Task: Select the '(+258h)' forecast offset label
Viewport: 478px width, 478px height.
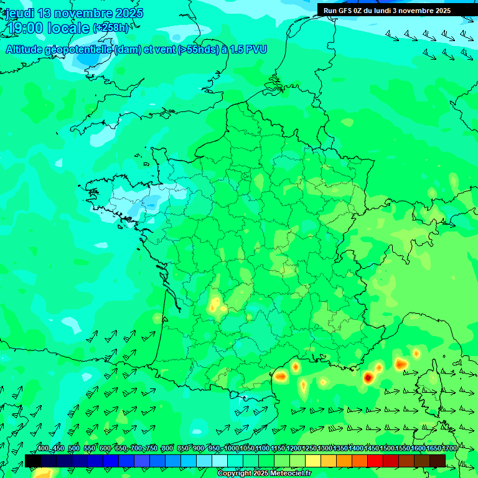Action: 111,28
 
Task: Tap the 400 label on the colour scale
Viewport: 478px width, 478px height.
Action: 43,449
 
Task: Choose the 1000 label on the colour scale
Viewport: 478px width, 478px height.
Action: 232,449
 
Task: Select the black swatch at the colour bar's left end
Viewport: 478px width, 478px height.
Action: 33,461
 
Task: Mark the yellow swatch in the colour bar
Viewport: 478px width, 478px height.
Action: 313,461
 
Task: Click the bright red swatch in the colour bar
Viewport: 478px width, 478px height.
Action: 375,461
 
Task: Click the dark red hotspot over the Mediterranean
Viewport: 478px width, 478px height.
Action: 368,377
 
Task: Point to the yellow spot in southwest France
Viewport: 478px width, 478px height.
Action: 215,305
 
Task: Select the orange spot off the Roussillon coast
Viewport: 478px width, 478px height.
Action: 281,375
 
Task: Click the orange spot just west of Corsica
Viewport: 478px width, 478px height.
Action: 400,363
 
